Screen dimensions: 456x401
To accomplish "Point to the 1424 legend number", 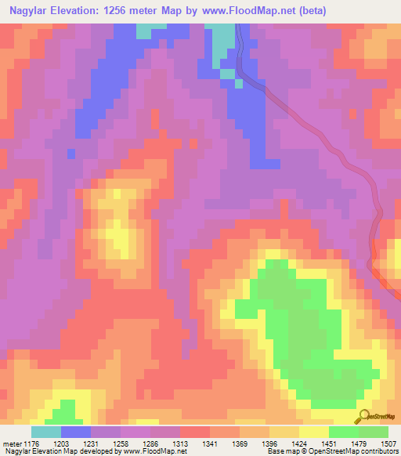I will [299, 443].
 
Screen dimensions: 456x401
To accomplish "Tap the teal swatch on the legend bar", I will [46, 432].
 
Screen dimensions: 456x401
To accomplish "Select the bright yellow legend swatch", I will [314, 432].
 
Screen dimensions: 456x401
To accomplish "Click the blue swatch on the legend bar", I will [76, 432].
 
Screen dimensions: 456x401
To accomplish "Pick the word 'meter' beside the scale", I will [12, 443].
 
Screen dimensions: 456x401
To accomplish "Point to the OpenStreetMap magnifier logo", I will [364, 416].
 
